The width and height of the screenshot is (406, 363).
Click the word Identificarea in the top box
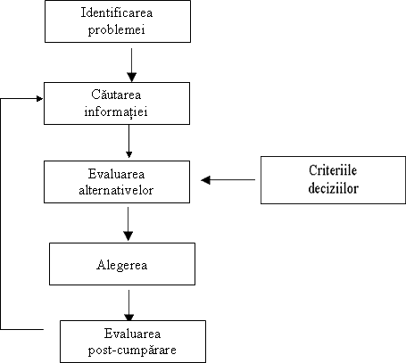click(x=117, y=12)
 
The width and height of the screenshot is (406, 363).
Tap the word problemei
click(x=117, y=30)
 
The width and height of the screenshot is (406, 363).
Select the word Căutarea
click(x=116, y=95)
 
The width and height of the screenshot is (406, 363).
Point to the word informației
click(x=116, y=112)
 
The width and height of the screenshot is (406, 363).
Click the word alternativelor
click(x=116, y=190)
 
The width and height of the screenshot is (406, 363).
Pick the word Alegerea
click(x=122, y=265)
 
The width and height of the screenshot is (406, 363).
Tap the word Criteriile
click(x=333, y=170)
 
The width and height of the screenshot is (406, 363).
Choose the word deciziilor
click(x=333, y=188)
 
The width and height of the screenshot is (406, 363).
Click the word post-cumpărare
click(x=132, y=351)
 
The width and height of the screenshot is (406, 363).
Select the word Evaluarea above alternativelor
click(x=116, y=174)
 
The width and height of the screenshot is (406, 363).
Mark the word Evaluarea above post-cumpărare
click(x=132, y=334)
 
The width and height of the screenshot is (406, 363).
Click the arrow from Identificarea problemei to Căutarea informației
click(x=131, y=65)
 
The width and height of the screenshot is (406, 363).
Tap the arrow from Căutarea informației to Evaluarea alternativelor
click(x=128, y=141)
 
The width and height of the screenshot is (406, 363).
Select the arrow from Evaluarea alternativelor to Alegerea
click(x=128, y=224)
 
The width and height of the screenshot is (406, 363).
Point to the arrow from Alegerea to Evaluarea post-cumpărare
click(x=128, y=306)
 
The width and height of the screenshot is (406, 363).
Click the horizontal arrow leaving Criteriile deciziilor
click(x=228, y=180)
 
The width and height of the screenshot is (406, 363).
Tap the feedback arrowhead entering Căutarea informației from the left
click(x=39, y=99)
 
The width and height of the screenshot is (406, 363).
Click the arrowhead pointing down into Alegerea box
click(x=128, y=236)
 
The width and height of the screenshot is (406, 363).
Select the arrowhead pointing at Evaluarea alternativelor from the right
click(x=205, y=180)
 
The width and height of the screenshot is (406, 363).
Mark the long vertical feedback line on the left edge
click(x=1, y=214)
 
